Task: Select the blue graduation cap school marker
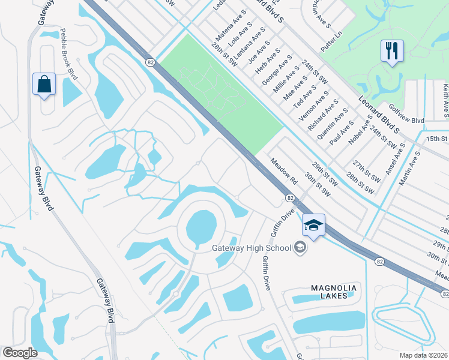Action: [x=313, y=225]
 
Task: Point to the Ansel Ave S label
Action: [x=397, y=153]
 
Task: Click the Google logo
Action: [x=20, y=353]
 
